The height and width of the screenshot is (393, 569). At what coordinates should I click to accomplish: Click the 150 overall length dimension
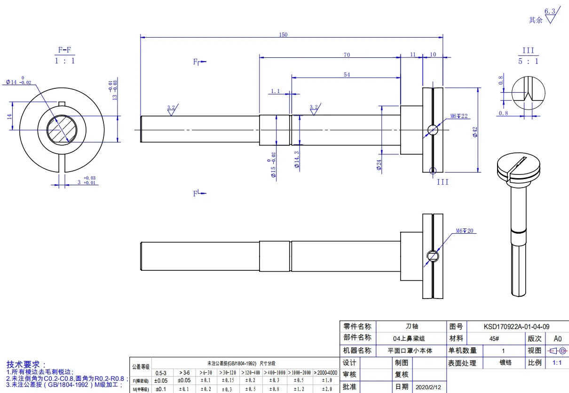(x=283, y=34)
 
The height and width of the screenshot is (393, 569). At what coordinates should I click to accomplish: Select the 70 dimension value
(x=347, y=55)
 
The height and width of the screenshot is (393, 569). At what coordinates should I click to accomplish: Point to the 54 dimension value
(x=347, y=75)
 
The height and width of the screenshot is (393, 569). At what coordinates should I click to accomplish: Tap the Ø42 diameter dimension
(x=475, y=132)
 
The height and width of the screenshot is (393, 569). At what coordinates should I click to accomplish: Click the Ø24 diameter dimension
(x=379, y=164)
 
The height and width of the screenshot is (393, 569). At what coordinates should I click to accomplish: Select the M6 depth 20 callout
(x=465, y=231)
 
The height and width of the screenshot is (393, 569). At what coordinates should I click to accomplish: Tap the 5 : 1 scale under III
(x=529, y=62)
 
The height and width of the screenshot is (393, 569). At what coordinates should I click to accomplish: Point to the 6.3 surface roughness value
(x=549, y=11)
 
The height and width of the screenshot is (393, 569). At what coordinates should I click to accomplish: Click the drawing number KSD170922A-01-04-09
(x=516, y=326)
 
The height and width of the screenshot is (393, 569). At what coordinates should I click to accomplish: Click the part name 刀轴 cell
(x=411, y=326)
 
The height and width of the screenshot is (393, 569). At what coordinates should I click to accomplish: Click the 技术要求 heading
(x=26, y=364)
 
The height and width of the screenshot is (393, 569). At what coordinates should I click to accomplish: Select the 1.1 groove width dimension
(x=275, y=91)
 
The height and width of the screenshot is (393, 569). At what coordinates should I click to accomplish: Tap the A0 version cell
(x=557, y=338)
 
